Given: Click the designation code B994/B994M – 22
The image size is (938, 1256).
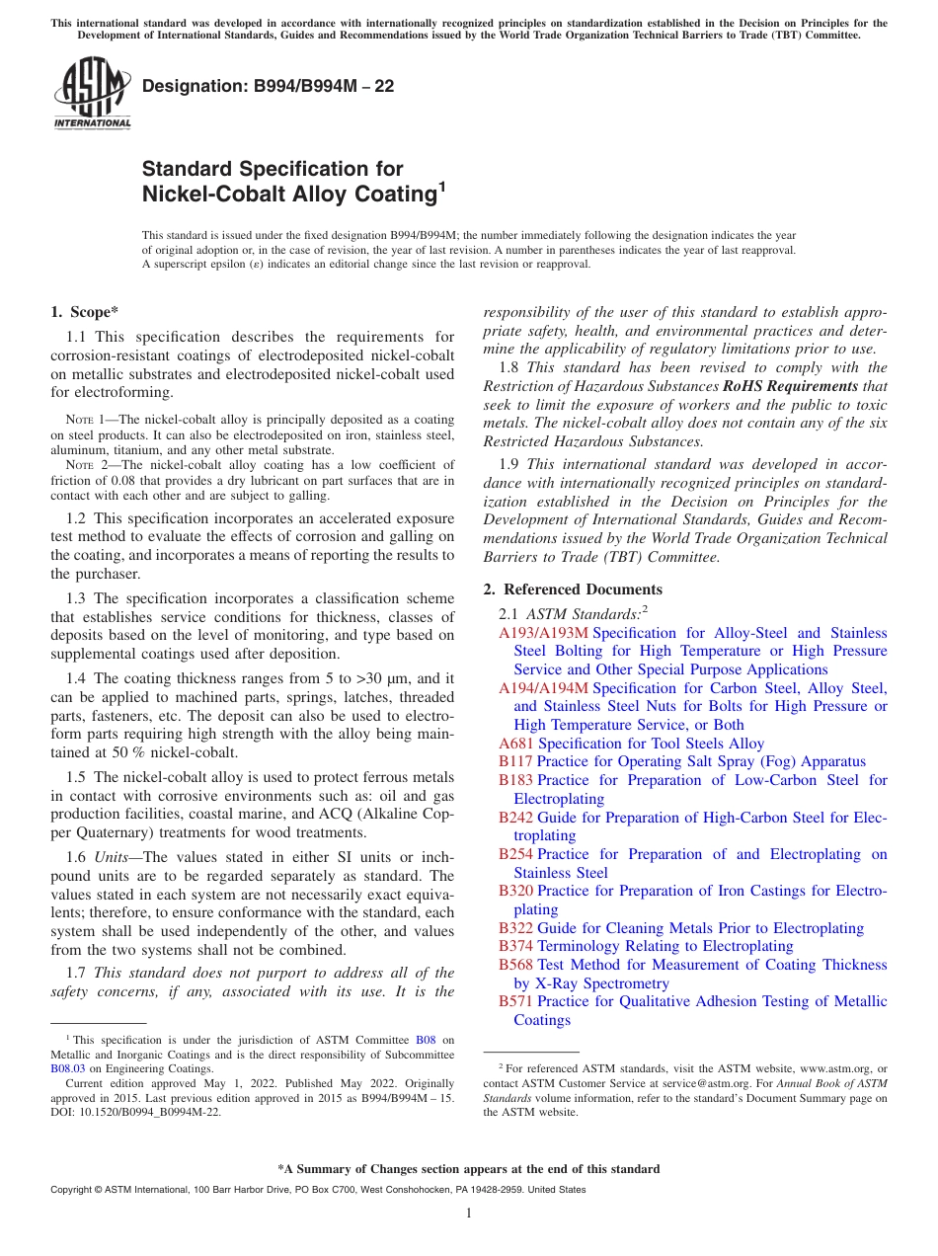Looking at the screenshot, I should (x=268, y=86).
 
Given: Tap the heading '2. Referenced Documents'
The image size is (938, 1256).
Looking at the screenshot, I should (x=572, y=589).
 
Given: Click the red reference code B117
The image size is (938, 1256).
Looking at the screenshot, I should (x=515, y=761).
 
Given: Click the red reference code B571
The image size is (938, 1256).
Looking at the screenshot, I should (x=515, y=1001).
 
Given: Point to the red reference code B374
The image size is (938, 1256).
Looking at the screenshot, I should (x=515, y=946).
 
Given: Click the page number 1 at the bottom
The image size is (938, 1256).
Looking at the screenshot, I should (x=469, y=1213).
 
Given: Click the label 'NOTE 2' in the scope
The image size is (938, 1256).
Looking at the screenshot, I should (x=88, y=464).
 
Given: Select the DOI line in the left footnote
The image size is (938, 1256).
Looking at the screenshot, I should (x=135, y=1111).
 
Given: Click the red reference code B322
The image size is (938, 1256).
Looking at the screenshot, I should (x=515, y=928).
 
